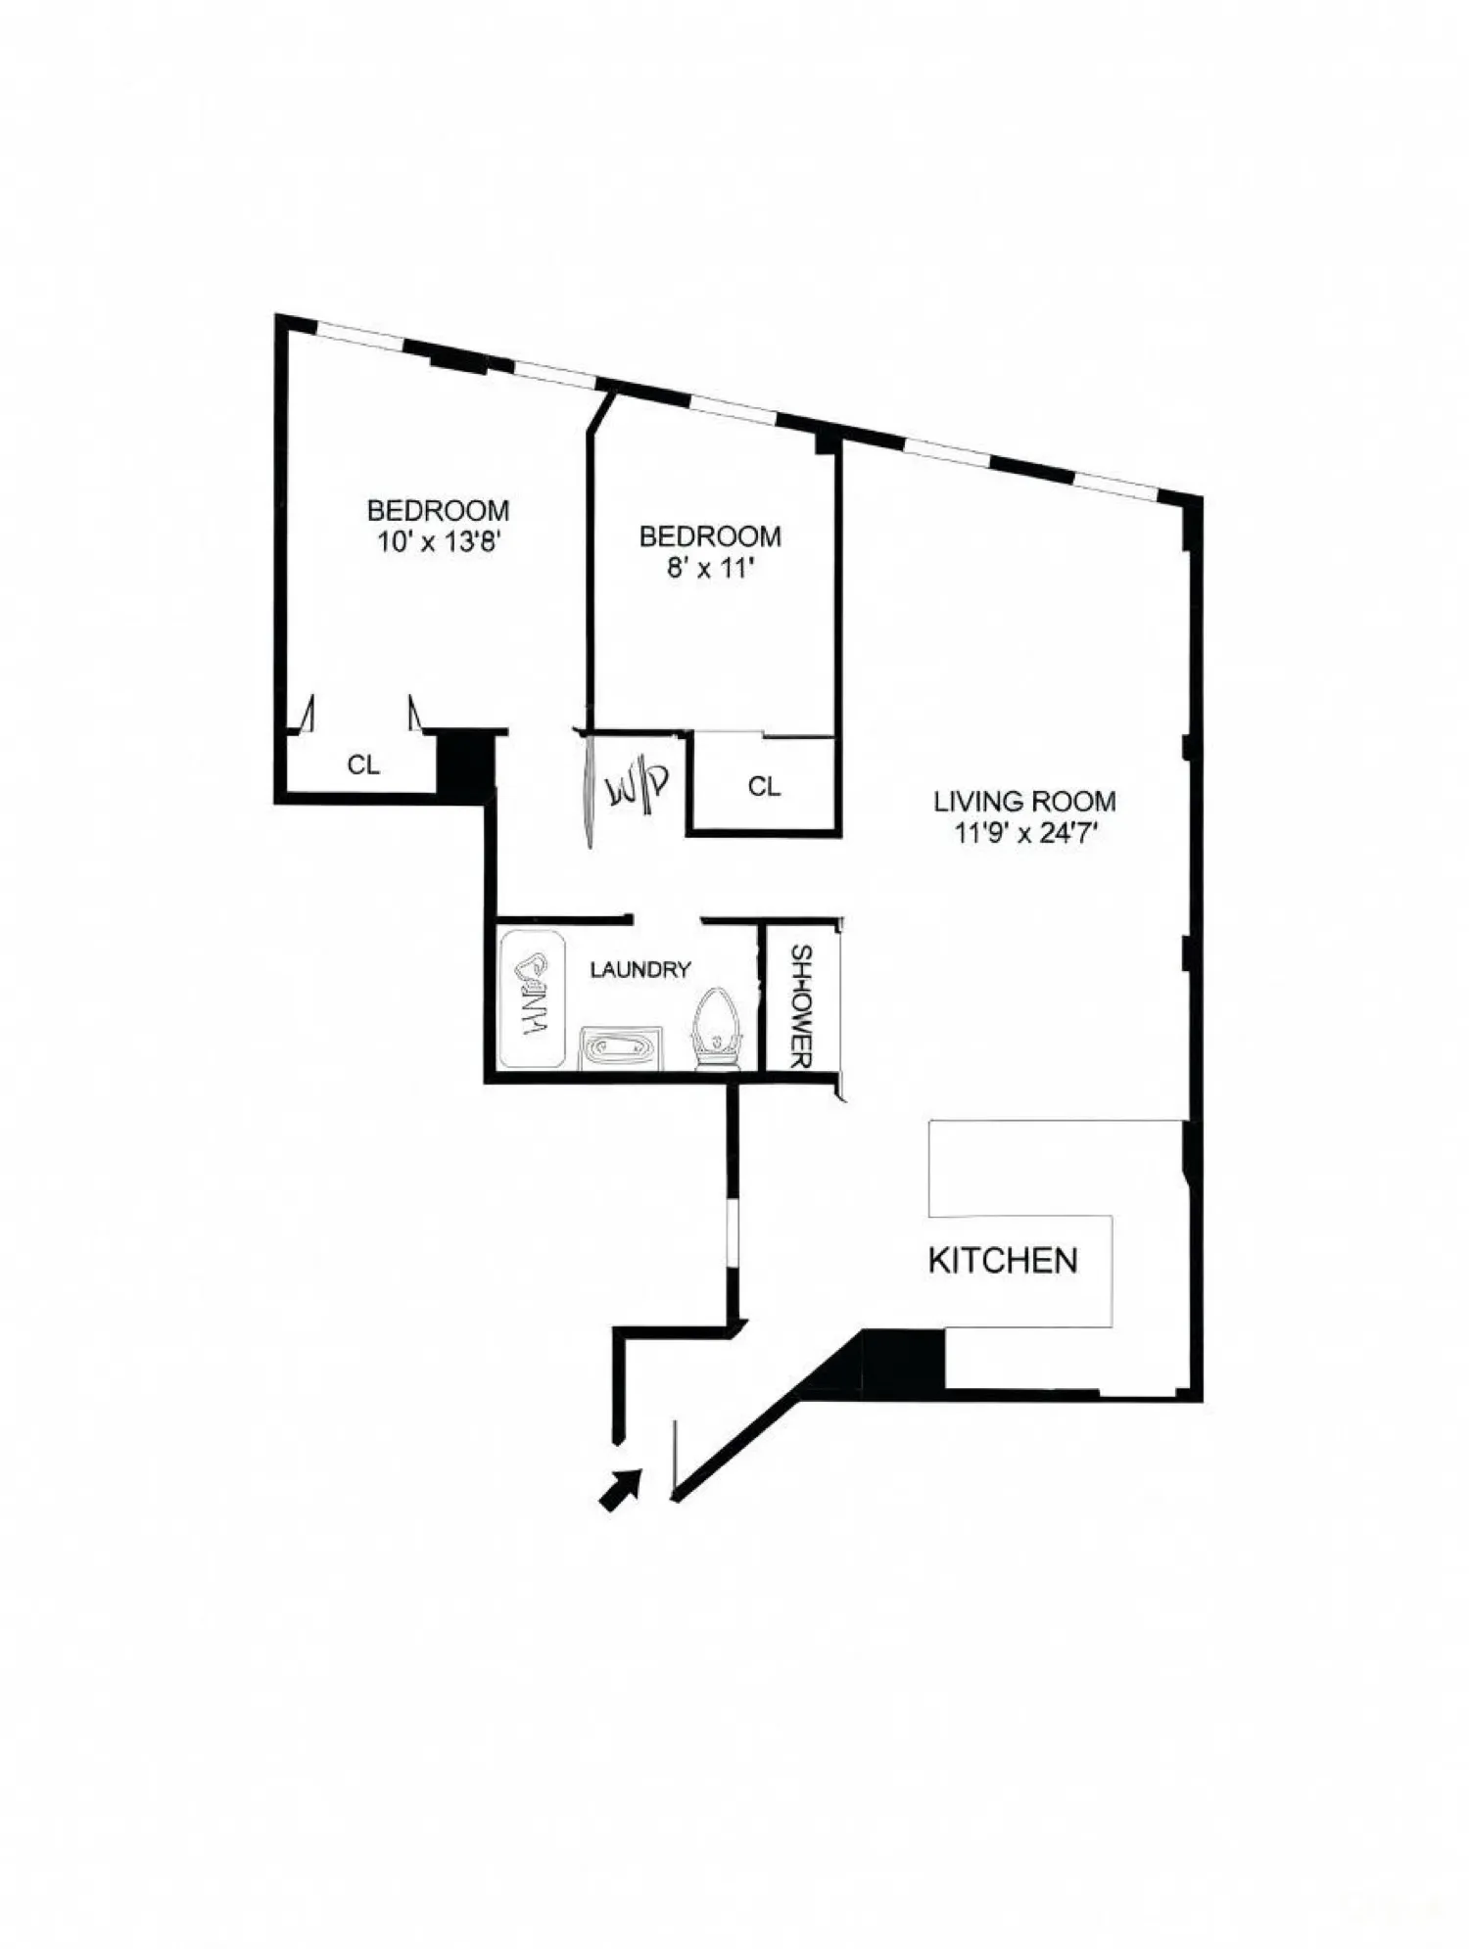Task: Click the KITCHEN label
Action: click(1002, 1261)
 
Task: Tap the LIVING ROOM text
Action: click(1023, 802)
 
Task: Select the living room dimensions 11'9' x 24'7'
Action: click(1023, 834)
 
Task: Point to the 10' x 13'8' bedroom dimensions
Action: click(440, 542)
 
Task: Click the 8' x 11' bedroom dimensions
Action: click(710, 568)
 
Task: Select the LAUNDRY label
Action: click(640, 969)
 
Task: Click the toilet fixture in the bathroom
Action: click(716, 1032)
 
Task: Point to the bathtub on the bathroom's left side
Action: click(532, 999)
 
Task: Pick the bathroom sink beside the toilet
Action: click(622, 1048)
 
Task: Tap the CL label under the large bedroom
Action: click(363, 766)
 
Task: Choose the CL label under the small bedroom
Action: click(764, 786)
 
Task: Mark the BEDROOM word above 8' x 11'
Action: click(710, 536)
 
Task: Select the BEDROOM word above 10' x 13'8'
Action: click(438, 510)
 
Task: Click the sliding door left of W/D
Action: click(589, 788)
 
